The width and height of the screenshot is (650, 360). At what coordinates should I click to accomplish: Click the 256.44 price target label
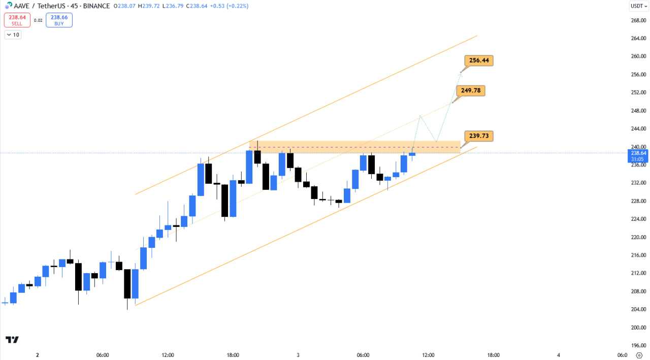[479, 61]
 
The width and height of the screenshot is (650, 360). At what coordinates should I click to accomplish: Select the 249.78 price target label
[471, 91]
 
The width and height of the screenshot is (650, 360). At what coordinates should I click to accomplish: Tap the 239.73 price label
[479, 136]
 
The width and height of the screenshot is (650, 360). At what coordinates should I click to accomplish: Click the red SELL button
[17, 20]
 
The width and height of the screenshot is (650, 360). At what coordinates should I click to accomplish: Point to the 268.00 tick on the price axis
[637, 20]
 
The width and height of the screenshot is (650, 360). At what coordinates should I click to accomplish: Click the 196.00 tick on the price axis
[637, 346]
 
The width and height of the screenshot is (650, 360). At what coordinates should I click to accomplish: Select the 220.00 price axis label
[637, 237]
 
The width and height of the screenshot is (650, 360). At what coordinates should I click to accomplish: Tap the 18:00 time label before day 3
[233, 355]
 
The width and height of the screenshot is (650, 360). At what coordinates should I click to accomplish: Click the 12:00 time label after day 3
[428, 355]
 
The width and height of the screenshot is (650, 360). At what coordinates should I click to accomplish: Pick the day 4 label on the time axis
[558, 355]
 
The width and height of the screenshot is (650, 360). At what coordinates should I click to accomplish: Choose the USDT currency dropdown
[639, 6]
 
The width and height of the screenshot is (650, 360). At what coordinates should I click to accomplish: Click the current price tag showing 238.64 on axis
[638, 153]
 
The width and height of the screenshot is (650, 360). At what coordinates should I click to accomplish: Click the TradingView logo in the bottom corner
[12, 340]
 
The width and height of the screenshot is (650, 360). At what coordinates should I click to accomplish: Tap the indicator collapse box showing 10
[13, 35]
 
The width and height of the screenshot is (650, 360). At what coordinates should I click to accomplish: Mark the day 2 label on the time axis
[37, 355]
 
